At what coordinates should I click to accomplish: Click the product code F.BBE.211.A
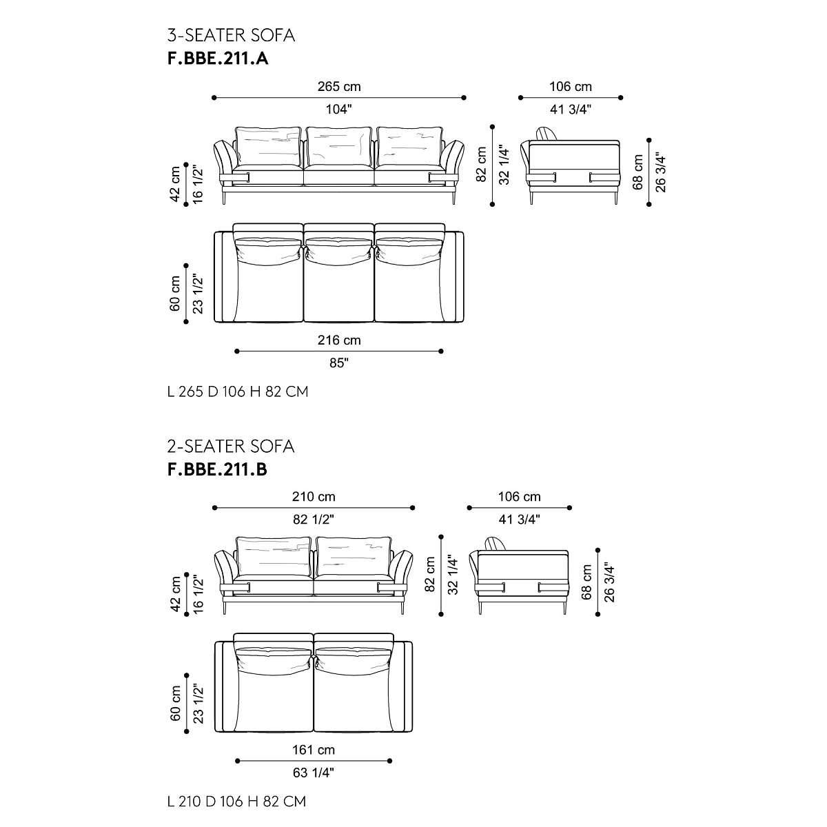point(218,59)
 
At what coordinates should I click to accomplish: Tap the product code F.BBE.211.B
point(217,469)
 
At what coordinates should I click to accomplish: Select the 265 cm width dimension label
point(339,86)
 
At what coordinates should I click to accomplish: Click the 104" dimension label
point(338,110)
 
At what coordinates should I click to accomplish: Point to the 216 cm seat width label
point(339,340)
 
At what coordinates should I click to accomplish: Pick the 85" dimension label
point(339,363)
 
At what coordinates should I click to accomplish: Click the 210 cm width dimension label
point(314,496)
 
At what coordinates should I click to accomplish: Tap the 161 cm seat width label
point(314,750)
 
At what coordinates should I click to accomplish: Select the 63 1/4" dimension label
point(314,773)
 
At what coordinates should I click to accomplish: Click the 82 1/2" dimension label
point(314,520)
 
